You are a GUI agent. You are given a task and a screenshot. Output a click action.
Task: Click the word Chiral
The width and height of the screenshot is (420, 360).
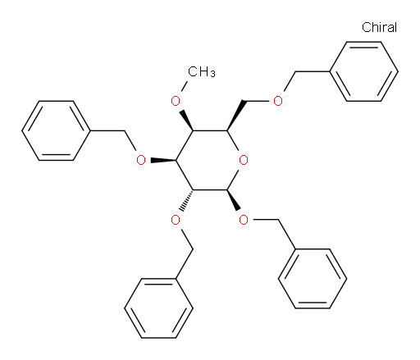tap(379, 27)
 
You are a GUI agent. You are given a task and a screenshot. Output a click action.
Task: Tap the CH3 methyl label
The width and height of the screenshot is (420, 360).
tap(202, 71)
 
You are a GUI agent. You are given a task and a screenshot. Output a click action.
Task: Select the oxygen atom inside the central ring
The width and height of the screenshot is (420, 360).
tap(244, 160)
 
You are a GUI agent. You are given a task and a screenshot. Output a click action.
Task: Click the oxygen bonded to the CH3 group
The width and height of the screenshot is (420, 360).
tap(176, 101)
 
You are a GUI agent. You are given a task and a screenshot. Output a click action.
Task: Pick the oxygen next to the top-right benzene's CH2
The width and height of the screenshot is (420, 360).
tap(278, 101)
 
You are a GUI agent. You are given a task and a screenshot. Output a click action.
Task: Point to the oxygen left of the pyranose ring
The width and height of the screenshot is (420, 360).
tap(141, 160)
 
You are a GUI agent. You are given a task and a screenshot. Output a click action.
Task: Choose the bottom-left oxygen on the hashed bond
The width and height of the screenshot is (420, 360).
tap(176, 220)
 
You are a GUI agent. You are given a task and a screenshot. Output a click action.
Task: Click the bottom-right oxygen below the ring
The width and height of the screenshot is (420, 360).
tap(244, 220)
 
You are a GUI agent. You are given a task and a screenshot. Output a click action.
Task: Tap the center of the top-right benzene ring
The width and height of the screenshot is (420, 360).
tap(363, 71)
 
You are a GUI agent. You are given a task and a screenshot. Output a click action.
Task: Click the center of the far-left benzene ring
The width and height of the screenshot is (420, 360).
tap(56, 130)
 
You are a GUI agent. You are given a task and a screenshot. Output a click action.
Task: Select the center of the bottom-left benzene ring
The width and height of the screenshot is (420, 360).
tap(158, 308)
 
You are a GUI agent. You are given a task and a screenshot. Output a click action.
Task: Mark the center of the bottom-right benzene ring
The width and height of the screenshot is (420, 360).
tap(313, 279)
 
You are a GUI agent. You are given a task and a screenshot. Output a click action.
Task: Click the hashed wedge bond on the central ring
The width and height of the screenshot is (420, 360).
tap(186, 200)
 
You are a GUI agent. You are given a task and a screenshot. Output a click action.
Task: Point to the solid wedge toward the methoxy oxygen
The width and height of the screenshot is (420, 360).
tap(186, 121)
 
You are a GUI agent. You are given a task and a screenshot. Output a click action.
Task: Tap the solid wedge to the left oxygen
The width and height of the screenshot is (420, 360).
tap(163, 160)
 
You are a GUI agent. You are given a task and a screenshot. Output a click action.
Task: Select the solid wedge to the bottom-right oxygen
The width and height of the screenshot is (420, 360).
tap(234, 200)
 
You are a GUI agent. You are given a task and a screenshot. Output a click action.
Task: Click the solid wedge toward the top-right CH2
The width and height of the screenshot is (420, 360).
tap(235, 116)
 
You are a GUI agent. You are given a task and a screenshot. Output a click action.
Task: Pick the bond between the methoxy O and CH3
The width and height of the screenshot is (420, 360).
tap(184, 86)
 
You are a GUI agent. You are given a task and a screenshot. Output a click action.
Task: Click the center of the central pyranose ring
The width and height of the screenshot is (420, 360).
tap(210, 160)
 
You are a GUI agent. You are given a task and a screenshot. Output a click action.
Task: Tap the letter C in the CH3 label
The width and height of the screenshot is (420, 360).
tap(192, 71)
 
